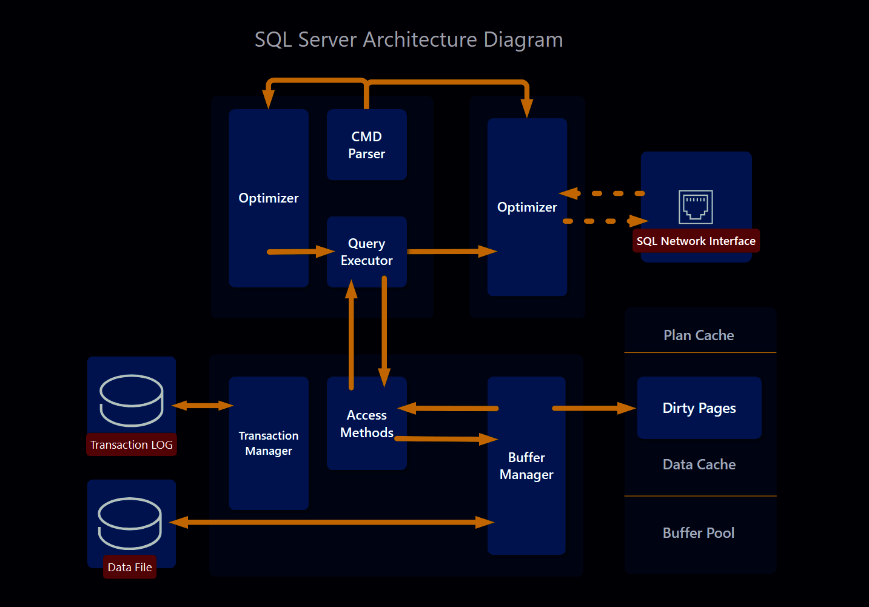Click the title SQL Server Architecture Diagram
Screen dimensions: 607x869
[409, 40]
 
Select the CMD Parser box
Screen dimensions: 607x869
[366, 145]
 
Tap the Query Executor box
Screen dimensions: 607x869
[366, 252]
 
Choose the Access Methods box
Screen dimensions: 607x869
[366, 423]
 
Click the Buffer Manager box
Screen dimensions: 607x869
[526, 466]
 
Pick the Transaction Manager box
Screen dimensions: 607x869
[269, 443]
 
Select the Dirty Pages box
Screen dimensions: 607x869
[699, 408]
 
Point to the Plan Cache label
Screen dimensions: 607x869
[699, 335]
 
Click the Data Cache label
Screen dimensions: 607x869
[699, 464]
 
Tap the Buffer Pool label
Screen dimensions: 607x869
[699, 533]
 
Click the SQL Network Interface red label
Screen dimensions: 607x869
[696, 241]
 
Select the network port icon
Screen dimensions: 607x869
[696, 207]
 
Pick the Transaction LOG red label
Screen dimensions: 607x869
[132, 444]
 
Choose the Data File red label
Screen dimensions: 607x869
[130, 567]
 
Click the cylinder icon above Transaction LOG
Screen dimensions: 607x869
[132, 400]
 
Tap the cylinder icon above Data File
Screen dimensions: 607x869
[130, 523]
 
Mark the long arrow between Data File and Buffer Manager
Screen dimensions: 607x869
[332, 522]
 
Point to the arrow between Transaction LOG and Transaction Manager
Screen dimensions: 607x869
[203, 405]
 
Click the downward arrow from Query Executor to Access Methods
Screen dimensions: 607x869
[384, 330]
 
